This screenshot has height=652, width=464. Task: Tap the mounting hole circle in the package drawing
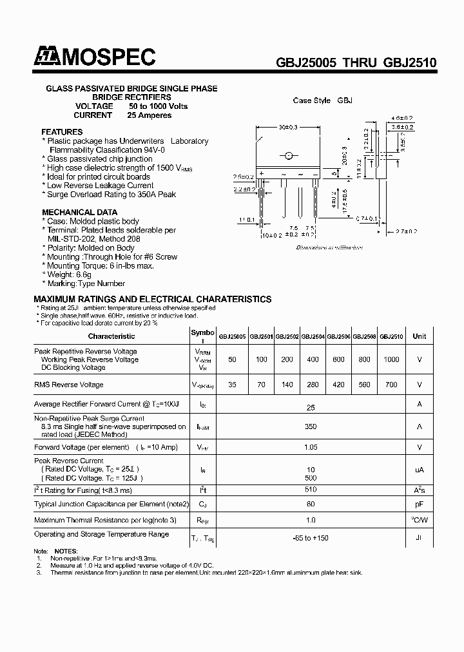(289, 155)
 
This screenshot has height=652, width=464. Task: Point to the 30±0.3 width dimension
(287, 127)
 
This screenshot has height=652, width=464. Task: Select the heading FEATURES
(62, 132)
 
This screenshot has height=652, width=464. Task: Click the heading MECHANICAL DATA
(80, 212)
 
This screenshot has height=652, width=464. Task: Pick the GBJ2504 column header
(313, 336)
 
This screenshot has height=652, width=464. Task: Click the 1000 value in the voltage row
(391, 360)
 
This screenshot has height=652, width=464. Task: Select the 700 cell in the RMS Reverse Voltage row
(391, 385)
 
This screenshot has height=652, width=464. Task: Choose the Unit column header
(420, 336)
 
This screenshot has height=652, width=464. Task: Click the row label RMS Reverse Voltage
(68, 385)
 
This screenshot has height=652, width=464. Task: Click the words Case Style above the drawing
(312, 101)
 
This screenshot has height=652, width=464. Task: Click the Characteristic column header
(111, 336)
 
